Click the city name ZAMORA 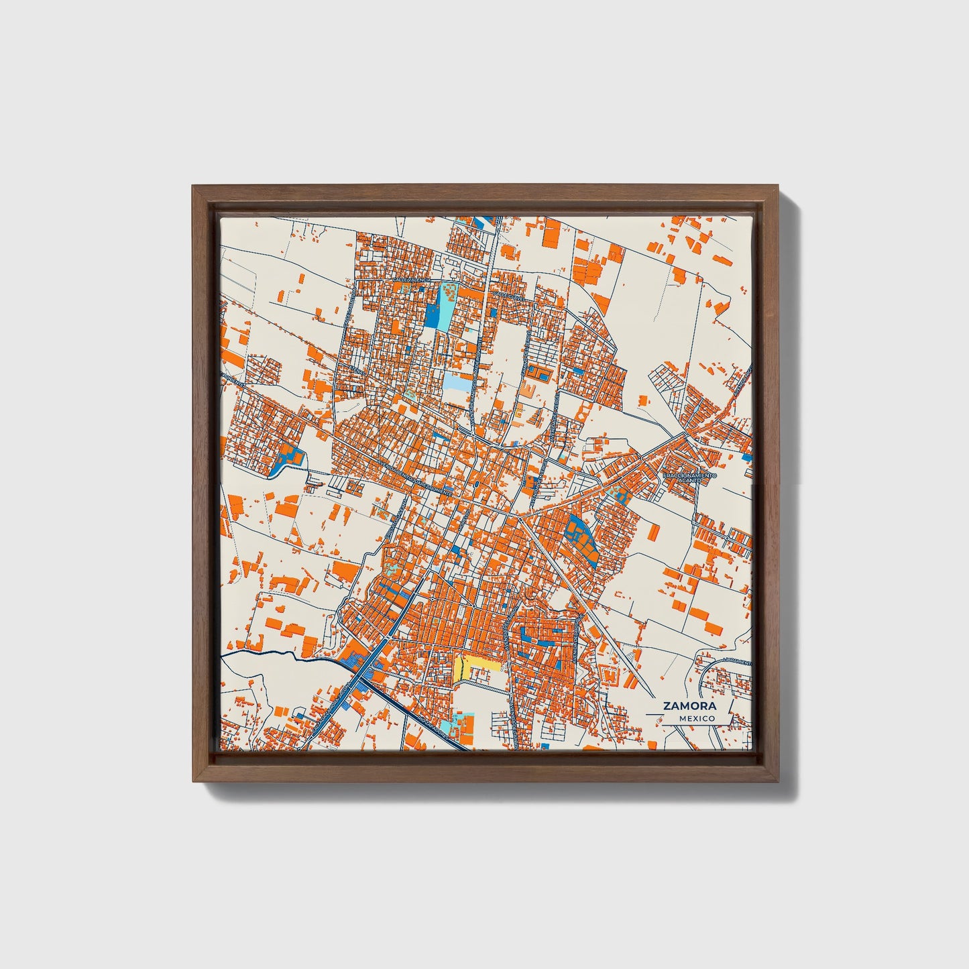point(689,705)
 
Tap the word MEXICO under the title point(696,718)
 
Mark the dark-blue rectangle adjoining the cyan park point(431,315)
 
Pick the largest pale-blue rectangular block point(456,384)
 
